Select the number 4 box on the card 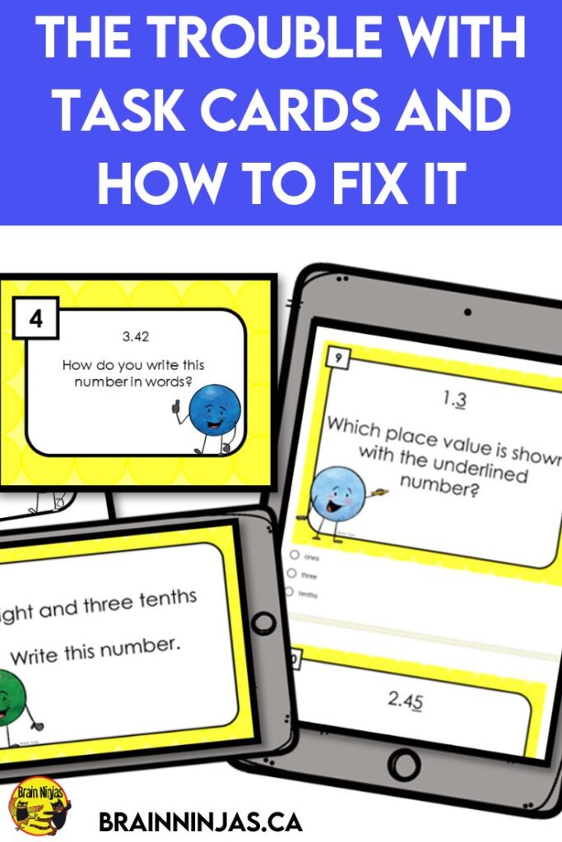tap(35, 320)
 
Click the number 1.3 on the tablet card tap(455, 400)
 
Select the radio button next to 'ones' tap(294, 555)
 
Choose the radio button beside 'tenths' tap(290, 591)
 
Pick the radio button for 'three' tap(291, 573)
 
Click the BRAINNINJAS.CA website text tap(201, 821)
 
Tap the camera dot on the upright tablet tap(467, 313)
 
